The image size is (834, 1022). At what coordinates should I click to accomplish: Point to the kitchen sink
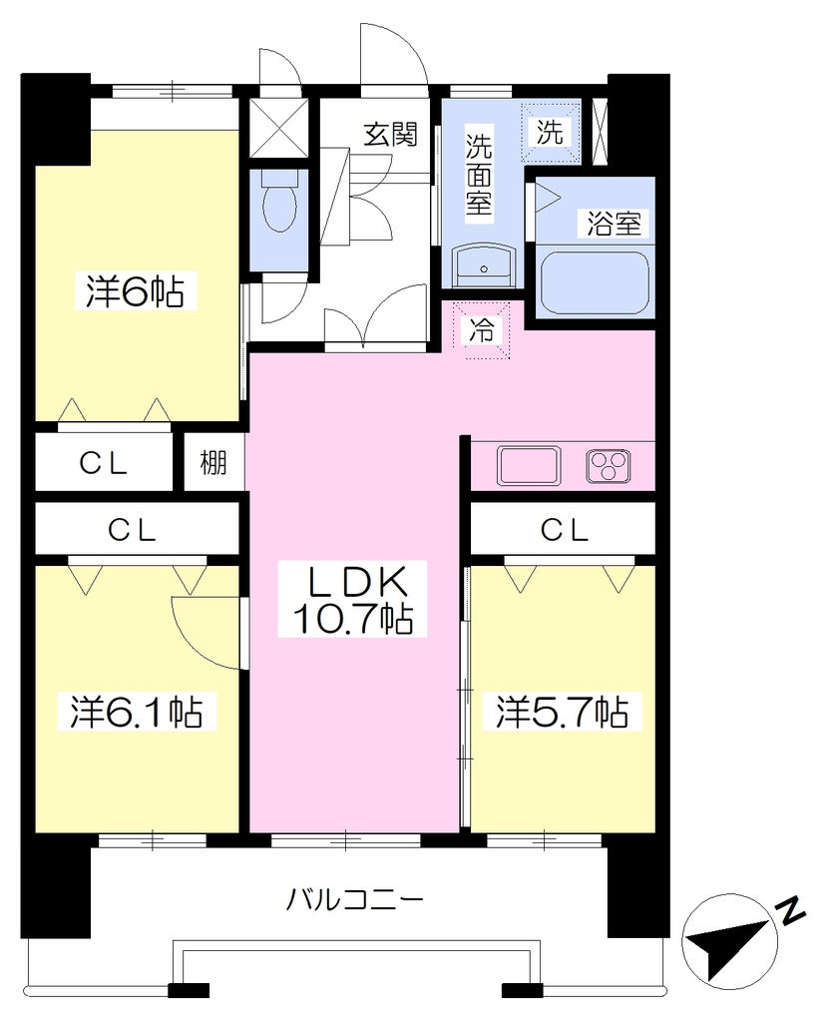529,465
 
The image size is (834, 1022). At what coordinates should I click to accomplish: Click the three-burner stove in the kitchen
609,465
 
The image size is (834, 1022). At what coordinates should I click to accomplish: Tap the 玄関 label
390,135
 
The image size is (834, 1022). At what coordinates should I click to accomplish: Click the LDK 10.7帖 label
353,600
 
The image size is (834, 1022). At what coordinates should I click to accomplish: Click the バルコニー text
354,900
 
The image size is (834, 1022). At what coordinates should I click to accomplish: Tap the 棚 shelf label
213,463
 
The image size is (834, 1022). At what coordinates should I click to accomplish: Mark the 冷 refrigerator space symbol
482,331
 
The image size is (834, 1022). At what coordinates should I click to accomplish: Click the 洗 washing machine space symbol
550,133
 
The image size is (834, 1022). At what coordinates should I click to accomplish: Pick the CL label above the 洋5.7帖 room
565,531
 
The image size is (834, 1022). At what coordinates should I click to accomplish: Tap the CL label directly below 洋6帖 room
103,463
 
